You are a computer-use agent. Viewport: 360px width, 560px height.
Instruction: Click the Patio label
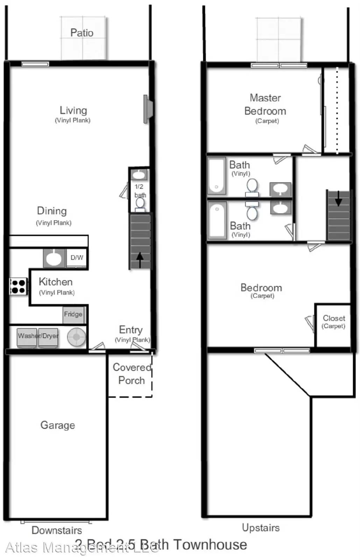(x=82, y=33)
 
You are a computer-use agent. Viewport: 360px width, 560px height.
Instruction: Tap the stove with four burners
(x=18, y=286)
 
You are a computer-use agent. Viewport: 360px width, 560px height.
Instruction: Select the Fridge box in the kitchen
(x=73, y=314)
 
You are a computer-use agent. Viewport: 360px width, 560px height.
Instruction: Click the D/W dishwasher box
(x=77, y=258)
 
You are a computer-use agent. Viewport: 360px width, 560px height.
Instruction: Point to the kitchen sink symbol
(x=54, y=258)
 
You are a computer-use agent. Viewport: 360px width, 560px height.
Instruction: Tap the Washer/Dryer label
(x=38, y=336)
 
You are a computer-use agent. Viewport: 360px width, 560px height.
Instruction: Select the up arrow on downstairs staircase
(x=140, y=260)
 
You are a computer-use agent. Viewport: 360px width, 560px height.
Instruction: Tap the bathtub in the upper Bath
(x=217, y=176)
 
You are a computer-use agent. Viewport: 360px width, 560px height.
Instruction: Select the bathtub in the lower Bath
(x=217, y=220)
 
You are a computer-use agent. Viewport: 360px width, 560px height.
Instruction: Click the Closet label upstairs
(x=334, y=318)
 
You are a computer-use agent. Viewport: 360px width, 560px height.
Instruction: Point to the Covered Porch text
(x=132, y=374)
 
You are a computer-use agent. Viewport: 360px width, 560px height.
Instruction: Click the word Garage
(x=58, y=425)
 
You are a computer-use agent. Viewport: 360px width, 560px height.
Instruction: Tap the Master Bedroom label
(x=265, y=105)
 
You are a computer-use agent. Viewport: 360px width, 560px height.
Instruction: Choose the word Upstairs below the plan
(x=261, y=528)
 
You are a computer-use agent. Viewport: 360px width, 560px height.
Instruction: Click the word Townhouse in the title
(x=210, y=545)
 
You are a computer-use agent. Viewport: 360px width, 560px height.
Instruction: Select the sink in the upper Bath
(x=280, y=189)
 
